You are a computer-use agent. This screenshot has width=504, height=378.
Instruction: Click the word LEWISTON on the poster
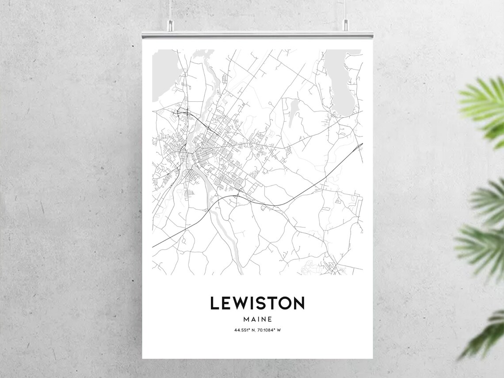click(x=257, y=303)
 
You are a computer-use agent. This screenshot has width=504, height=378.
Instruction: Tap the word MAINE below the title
click(x=257, y=319)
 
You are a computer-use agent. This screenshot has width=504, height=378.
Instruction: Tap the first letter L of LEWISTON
click(x=214, y=303)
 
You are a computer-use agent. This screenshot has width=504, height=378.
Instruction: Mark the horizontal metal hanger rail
click(x=257, y=35)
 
